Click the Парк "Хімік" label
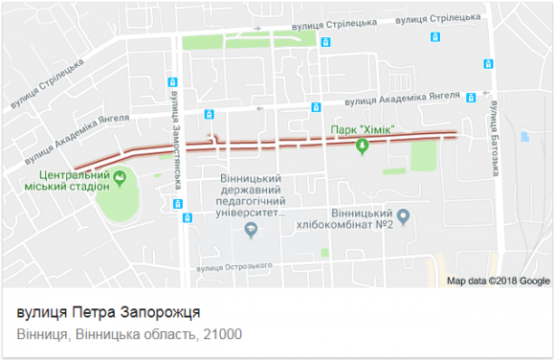point(363,130)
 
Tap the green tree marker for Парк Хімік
point(363,146)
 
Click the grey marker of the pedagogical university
point(251,229)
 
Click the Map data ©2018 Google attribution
point(499,281)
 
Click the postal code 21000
point(223,335)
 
